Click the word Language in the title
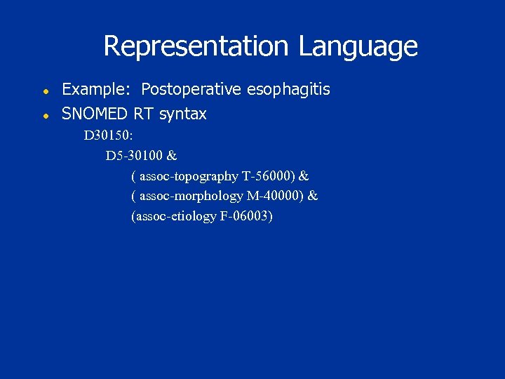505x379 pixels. [358, 46]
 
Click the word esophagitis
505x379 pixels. [289, 90]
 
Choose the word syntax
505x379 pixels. [183, 114]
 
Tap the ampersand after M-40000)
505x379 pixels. [313, 196]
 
